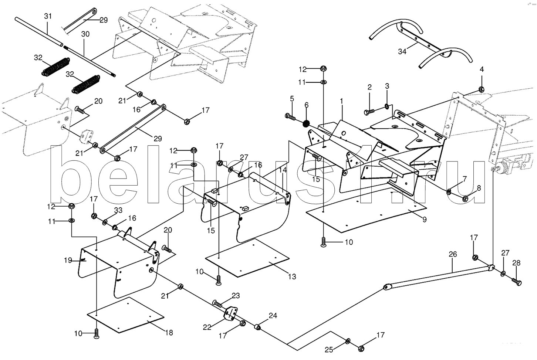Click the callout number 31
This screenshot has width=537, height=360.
[x=48, y=16]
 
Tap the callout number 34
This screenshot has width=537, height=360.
[x=402, y=51]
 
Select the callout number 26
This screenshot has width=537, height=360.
[x=453, y=254]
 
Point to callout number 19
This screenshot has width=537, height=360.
[x=68, y=260]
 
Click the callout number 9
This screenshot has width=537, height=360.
[x=424, y=220]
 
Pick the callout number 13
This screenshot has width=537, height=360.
[x=292, y=276]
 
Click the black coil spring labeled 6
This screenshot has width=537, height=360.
[x=306, y=124]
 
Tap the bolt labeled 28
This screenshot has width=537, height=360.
[x=517, y=281]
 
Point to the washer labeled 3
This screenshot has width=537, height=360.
[x=387, y=106]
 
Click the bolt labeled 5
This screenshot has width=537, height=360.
[x=290, y=117]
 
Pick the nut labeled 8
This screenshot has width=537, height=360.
[x=465, y=199]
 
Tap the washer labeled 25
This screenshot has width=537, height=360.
[x=348, y=341]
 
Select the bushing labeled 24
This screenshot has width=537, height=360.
[x=257, y=327]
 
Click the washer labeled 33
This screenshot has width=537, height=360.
[x=105, y=223]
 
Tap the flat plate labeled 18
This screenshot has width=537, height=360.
[x=125, y=315]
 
